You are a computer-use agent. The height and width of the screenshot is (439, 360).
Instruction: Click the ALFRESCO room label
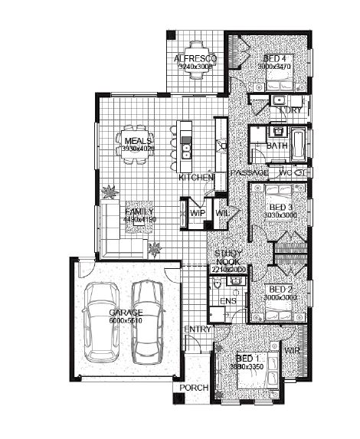coord(195,59)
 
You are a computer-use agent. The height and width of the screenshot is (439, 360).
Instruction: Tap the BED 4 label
coord(275,59)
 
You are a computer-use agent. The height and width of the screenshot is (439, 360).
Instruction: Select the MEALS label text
coord(138,141)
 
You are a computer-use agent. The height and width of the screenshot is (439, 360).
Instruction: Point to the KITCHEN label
coord(196,178)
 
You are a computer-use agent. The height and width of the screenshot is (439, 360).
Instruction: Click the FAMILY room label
coord(139,211)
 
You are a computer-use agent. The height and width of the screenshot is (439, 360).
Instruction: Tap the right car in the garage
coord(149,322)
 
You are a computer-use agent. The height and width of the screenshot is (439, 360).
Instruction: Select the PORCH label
coord(194,388)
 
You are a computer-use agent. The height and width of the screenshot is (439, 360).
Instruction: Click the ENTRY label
coord(198,329)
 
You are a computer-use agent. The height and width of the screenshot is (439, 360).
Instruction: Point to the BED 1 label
coord(248,359)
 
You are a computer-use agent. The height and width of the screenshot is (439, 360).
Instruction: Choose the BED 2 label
coord(280,289)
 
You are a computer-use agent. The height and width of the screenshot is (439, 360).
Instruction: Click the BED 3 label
coord(280,208)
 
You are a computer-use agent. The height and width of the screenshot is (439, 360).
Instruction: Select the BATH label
coord(277,145)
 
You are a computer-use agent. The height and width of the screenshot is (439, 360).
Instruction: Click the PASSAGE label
coord(249,173)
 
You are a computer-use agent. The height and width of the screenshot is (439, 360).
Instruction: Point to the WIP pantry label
coord(198,213)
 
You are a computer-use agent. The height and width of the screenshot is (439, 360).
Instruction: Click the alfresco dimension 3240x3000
coord(195,67)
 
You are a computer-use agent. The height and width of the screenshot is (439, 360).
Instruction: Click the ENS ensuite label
coord(228,302)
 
